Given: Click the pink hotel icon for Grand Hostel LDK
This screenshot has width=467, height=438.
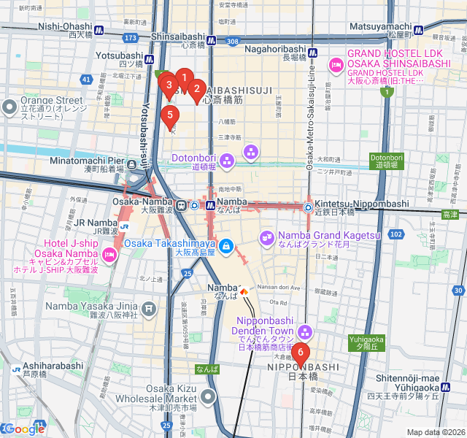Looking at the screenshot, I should [x=336, y=65].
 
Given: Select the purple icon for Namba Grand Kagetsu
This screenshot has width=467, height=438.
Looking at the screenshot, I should [x=267, y=236].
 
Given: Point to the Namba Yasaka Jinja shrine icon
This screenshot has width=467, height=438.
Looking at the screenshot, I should [x=149, y=310].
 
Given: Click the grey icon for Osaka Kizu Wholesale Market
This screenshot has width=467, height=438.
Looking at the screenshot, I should [x=209, y=398].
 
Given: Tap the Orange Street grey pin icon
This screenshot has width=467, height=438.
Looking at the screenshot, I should [x=10, y=107].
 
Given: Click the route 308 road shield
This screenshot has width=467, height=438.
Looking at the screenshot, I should [x=232, y=42].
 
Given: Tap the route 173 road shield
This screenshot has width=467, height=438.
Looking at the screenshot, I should [x=131, y=37].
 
